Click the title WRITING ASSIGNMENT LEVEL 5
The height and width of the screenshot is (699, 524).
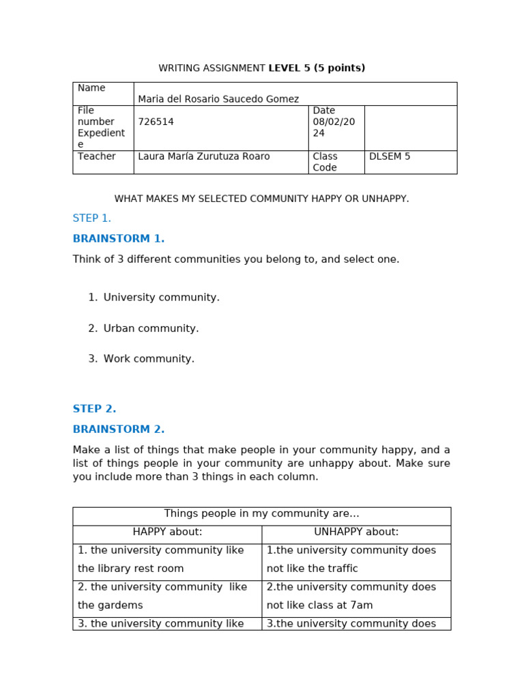(x=261, y=68)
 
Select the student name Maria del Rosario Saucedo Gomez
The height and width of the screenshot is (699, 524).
(x=218, y=99)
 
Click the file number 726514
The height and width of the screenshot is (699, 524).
(x=156, y=122)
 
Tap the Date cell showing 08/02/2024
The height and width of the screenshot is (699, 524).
(x=328, y=122)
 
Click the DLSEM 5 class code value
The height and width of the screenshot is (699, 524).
(x=390, y=156)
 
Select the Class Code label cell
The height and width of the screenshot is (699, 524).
(x=326, y=162)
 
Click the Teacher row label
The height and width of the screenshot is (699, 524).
(x=96, y=156)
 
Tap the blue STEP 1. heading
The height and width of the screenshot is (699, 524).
(x=91, y=218)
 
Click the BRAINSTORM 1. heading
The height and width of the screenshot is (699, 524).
(x=119, y=239)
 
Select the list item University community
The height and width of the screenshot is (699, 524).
(x=161, y=298)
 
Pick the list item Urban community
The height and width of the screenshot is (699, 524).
(x=151, y=328)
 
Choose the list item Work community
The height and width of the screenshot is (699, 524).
(x=149, y=359)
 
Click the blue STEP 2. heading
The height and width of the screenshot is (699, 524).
(x=94, y=409)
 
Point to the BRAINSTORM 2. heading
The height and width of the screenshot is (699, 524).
(x=119, y=429)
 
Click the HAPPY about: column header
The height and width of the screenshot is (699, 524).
(x=167, y=532)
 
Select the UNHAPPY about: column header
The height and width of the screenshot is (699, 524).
(x=356, y=532)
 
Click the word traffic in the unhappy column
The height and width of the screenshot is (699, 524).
(x=341, y=569)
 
